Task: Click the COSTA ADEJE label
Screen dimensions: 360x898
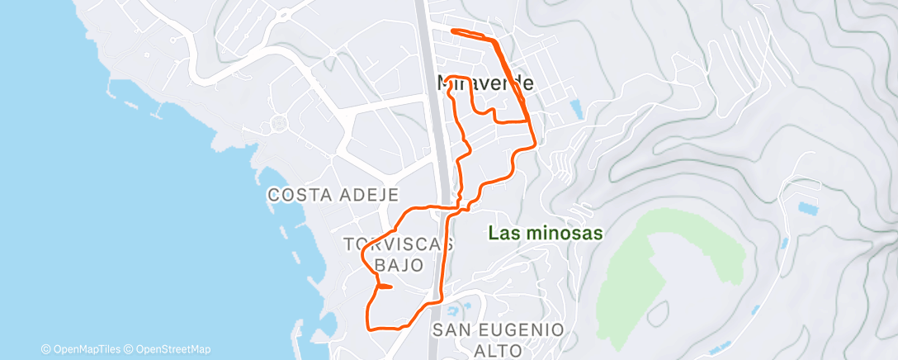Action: (333, 196)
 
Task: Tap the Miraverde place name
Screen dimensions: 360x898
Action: (484, 83)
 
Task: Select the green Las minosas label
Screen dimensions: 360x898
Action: (545, 234)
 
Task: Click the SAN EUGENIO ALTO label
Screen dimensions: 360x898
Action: (499, 339)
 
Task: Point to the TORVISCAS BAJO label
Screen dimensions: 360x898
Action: (399, 254)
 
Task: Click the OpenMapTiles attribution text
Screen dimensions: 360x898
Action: (84, 349)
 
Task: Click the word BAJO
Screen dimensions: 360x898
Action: (399, 265)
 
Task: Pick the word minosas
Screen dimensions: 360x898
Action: (564, 234)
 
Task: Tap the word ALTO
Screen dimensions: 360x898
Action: (499, 350)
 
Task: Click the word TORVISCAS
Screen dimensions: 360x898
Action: (399, 244)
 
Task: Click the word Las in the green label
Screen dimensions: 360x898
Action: (503, 234)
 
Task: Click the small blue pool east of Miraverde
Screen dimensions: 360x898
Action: (575, 107)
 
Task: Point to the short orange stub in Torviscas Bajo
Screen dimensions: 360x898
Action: (385, 287)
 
